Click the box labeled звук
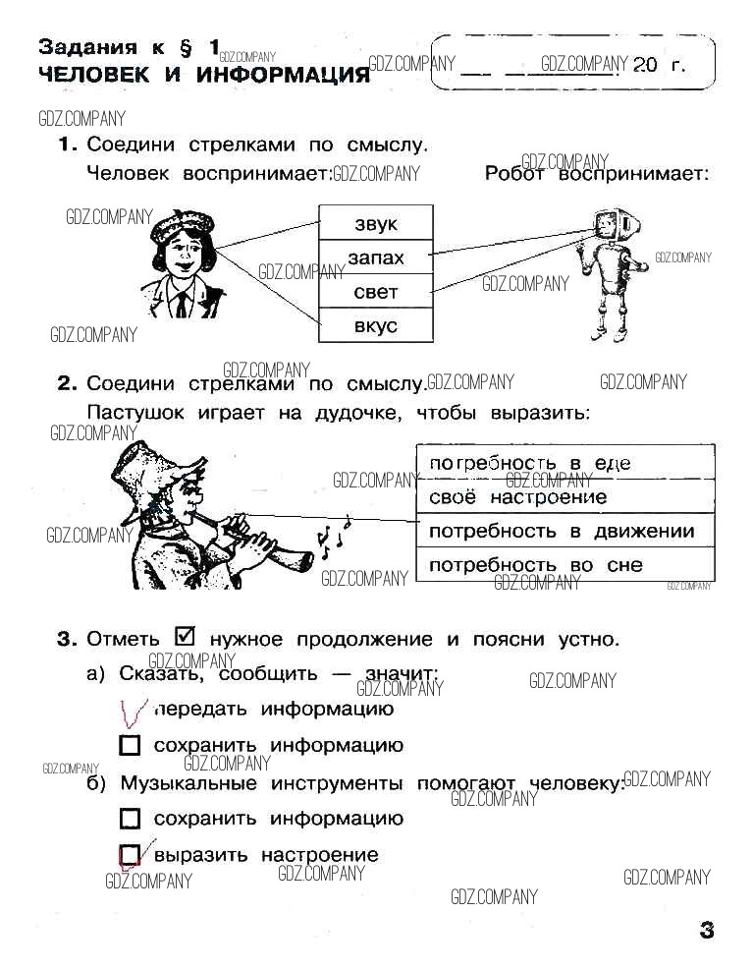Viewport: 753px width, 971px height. click(x=376, y=223)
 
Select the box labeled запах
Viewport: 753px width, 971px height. click(x=376, y=257)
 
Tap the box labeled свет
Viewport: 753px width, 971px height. click(x=376, y=291)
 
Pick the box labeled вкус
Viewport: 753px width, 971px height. click(x=376, y=325)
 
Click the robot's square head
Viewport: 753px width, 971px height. click(x=610, y=224)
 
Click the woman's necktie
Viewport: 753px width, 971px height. click(x=182, y=305)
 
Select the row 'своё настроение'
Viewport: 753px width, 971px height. click(x=565, y=496)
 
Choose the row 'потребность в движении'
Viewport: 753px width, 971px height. click(x=565, y=531)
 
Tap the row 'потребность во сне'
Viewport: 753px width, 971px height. click(x=565, y=564)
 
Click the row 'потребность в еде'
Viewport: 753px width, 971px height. click(x=565, y=462)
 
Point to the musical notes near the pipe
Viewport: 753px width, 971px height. click(x=333, y=533)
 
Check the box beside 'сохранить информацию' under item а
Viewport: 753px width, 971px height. click(x=130, y=745)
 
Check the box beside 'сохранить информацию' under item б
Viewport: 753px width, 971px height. click(x=130, y=819)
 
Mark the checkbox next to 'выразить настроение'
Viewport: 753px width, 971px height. click(x=130, y=855)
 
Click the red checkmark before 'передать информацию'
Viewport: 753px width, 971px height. click(x=133, y=713)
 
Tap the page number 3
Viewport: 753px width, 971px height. click(x=706, y=930)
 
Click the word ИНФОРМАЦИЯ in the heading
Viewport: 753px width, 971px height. click(x=283, y=75)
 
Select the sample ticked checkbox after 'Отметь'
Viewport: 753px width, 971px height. click(x=185, y=636)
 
